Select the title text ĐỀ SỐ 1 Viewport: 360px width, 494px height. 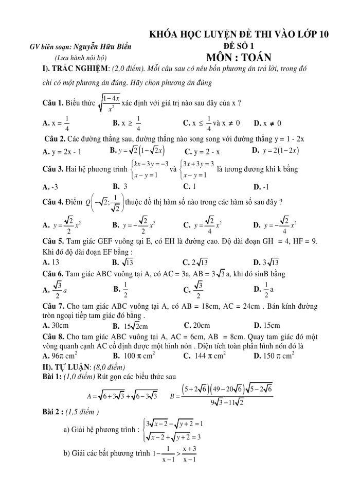(x=239, y=46)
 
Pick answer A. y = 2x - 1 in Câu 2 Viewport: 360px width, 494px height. (x=62, y=151)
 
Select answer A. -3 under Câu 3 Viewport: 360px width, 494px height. (x=50, y=187)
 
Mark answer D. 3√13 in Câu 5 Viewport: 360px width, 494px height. (x=266, y=261)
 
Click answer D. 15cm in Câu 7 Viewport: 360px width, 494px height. (x=266, y=325)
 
